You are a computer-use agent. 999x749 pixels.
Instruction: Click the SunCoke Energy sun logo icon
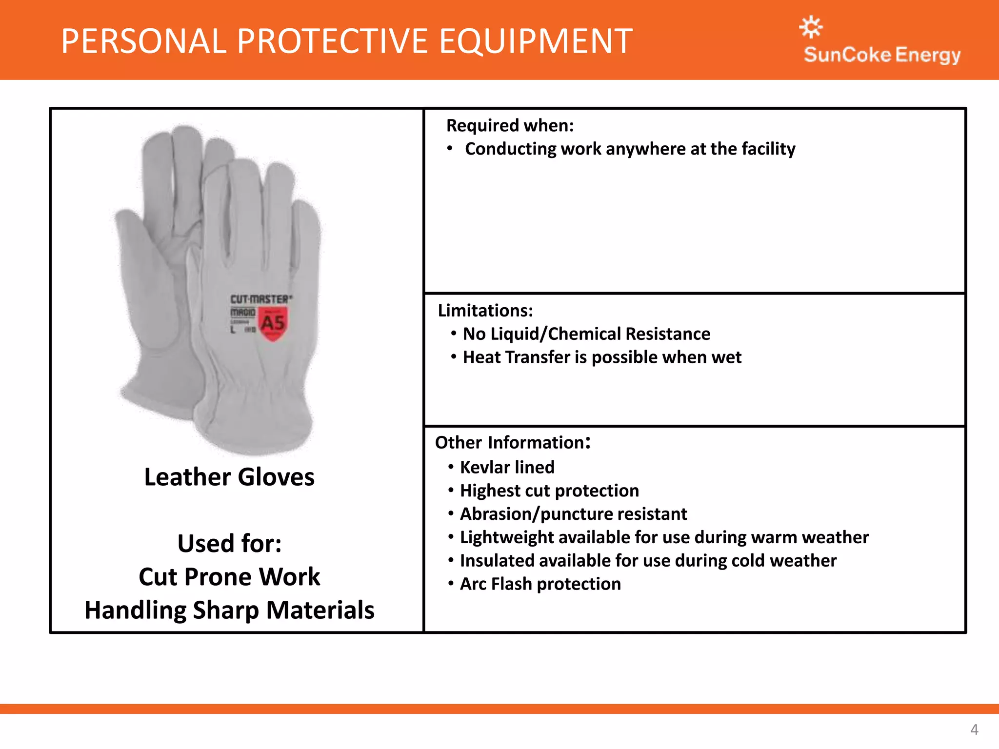(x=811, y=27)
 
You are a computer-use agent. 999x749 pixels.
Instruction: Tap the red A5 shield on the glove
(x=273, y=323)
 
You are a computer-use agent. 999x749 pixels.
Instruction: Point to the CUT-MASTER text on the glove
(x=261, y=299)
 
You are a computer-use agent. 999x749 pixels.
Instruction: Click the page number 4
(x=974, y=729)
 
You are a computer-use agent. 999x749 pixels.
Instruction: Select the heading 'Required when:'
(x=510, y=126)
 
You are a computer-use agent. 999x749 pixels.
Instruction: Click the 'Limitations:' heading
(x=485, y=311)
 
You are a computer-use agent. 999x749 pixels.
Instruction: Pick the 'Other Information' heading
(x=512, y=443)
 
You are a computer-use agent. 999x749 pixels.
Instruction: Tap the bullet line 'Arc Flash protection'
(x=540, y=584)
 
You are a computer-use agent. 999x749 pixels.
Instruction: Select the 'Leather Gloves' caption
(x=229, y=477)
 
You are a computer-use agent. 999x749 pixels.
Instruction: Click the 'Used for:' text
(x=229, y=544)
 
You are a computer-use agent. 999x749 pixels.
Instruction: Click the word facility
(x=768, y=149)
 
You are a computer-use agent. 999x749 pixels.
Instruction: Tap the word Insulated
(x=497, y=561)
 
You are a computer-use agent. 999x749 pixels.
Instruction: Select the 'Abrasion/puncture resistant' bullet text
(x=573, y=514)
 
